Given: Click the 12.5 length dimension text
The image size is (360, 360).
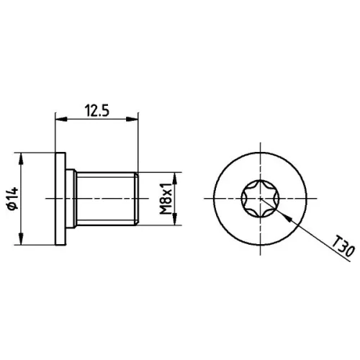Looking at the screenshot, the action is (x=96, y=111).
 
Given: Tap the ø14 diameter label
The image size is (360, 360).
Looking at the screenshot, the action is (x=13, y=199).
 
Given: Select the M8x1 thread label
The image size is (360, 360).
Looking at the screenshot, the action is (x=166, y=199).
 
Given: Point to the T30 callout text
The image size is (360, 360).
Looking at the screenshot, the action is (x=343, y=246).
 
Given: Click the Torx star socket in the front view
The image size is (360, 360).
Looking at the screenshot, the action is (x=260, y=199).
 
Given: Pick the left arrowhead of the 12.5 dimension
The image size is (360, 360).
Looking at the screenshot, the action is (x=61, y=119).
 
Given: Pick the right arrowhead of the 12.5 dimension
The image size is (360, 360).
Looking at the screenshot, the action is (x=132, y=119).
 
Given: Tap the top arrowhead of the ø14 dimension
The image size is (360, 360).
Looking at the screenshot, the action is (x=21, y=158).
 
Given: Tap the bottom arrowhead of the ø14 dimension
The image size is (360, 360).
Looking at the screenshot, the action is (x=21, y=239).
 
